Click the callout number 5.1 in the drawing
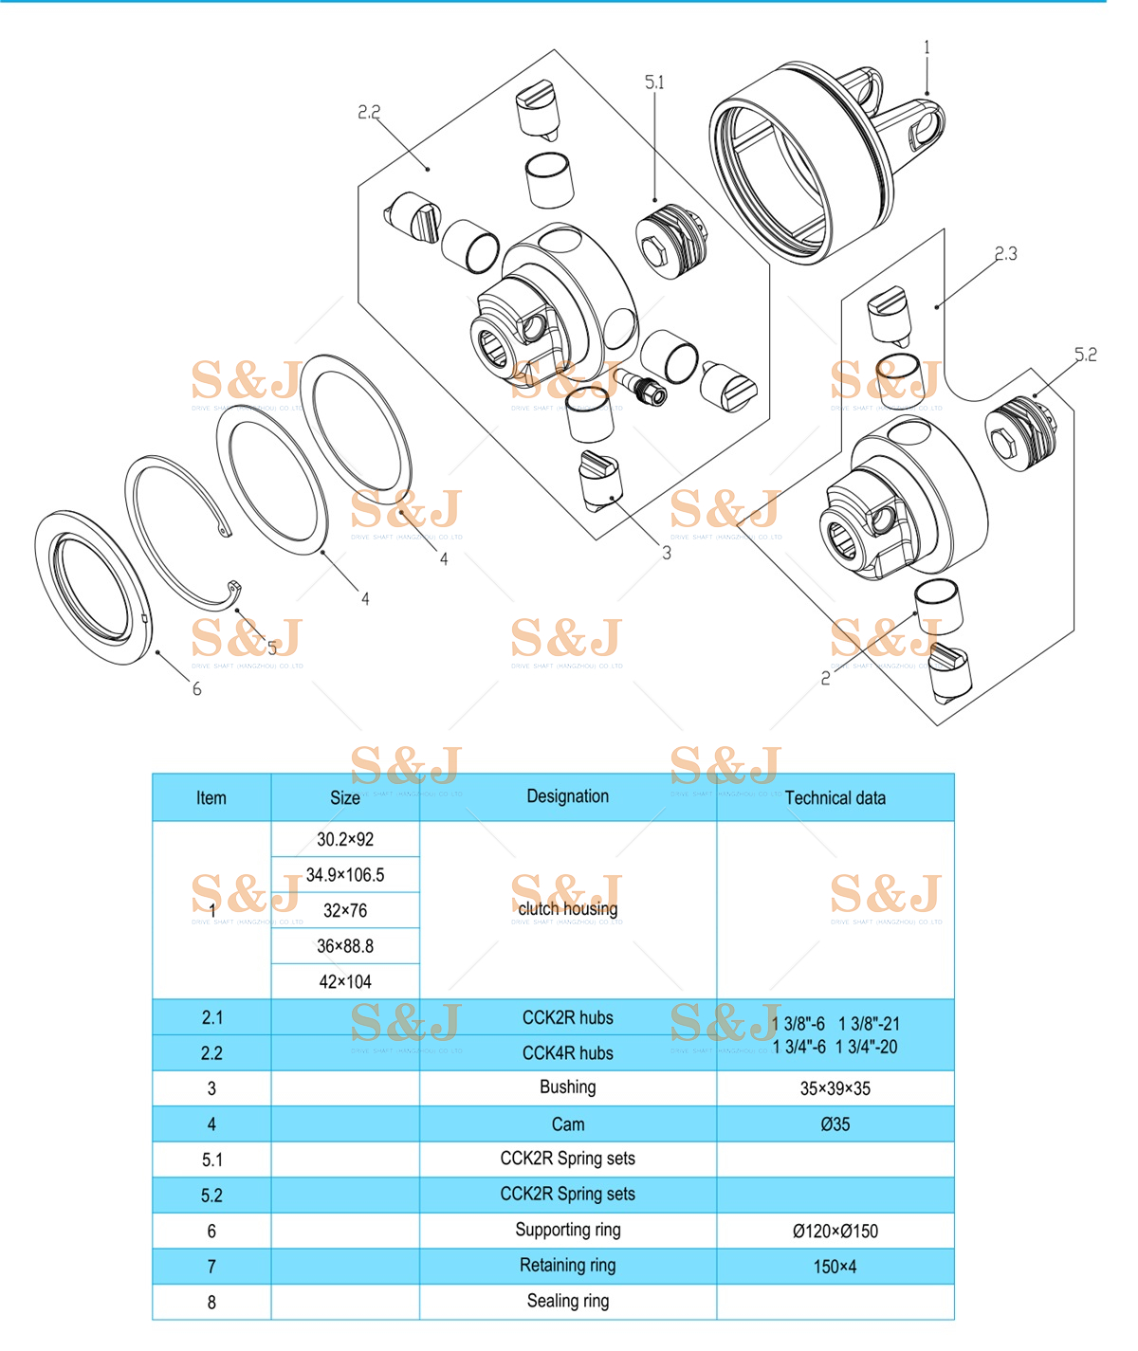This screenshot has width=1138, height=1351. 654,83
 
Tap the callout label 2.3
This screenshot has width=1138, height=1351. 1005,254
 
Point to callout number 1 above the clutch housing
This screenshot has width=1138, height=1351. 927,47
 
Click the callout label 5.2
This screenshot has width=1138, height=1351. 1085,355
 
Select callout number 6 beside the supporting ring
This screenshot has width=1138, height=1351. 197,689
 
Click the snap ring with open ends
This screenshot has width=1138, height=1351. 175,531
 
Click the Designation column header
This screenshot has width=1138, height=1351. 567,796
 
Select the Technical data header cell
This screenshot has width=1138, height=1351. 835,798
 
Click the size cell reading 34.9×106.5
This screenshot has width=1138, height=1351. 345,875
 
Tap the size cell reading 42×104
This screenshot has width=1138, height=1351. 345,982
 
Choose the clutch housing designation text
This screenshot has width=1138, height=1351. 567,908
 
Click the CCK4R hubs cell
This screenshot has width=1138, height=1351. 567,1053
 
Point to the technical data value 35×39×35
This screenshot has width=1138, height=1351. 835,1088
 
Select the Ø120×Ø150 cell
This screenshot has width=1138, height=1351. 835,1232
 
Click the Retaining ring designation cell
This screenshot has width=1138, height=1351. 567,1266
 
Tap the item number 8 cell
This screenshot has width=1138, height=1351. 211,1303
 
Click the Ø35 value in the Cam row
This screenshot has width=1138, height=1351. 835,1124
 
